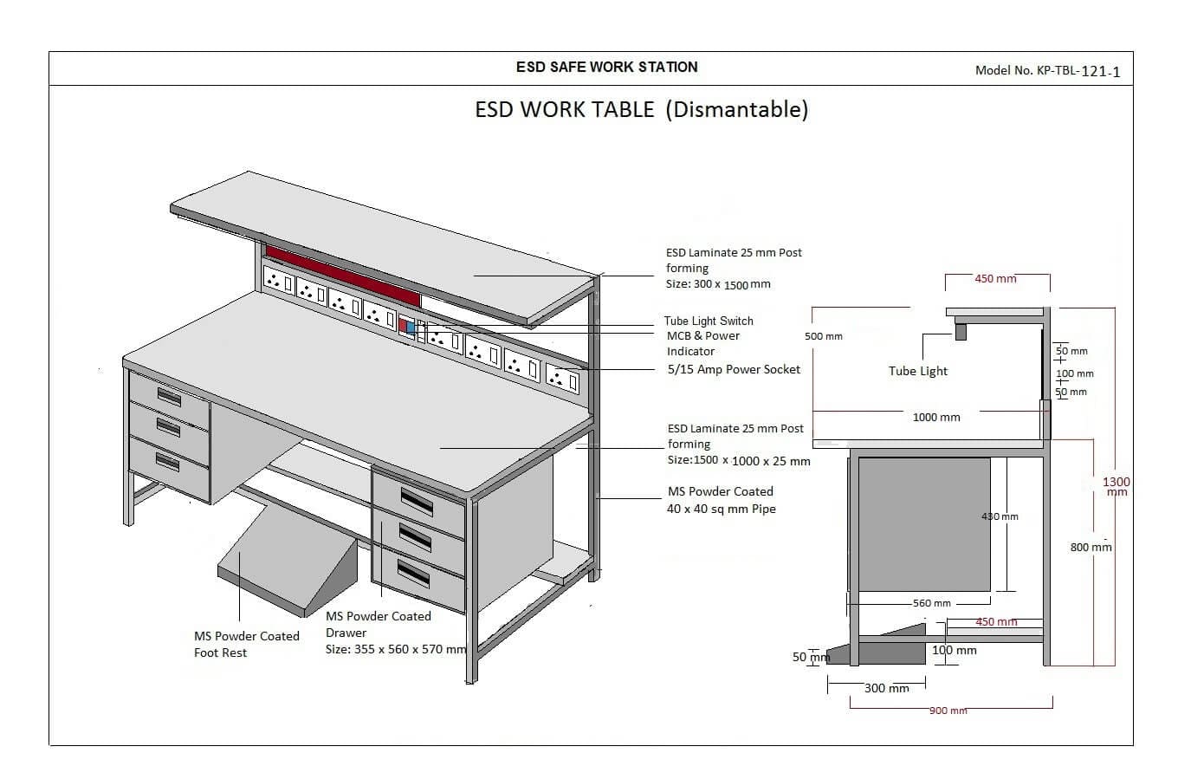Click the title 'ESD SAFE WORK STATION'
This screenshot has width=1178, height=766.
pyautogui.click(x=606, y=67)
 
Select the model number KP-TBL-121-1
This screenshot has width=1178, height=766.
pyautogui.click(x=1047, y=71)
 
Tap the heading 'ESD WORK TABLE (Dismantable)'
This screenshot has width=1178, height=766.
pyautogui.click(x=641, y=110)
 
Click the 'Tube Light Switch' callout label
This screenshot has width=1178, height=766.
pyautogui.click(x=709, y=321)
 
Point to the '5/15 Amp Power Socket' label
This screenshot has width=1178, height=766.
pyautogui.click(x=733, y=369)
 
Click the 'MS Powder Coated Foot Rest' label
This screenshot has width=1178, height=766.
pyautogui.click(x=246, y=644)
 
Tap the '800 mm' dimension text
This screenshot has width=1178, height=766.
pyautogui.click(x=1091, y=547)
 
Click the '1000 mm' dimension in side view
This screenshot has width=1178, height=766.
pyautogui.click(x=936, y=417)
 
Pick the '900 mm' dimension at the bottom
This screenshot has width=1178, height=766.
pyautogui.click(x=948, y=711)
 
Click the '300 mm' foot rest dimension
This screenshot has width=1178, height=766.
pyautogui.click(x=886, y=688)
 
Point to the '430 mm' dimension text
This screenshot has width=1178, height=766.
pyautogui.click(x=999, y=516)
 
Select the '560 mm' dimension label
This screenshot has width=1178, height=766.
pyautogui.click(x=931, y=603)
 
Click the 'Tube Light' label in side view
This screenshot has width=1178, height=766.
pyautogui.click(x=918, y=371)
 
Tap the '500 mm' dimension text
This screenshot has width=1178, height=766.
pyautogui.click(x=823, y=336)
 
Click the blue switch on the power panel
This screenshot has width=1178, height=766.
pyautogui.click(x=411, y=328)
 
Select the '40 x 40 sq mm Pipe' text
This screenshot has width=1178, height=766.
pyautogui.click(x=721, y=509)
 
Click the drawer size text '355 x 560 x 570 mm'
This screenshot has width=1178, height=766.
pyautogui.click(x=396, y=649)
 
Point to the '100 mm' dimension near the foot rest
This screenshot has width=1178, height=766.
pyautogui.click(x=954, y=650)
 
